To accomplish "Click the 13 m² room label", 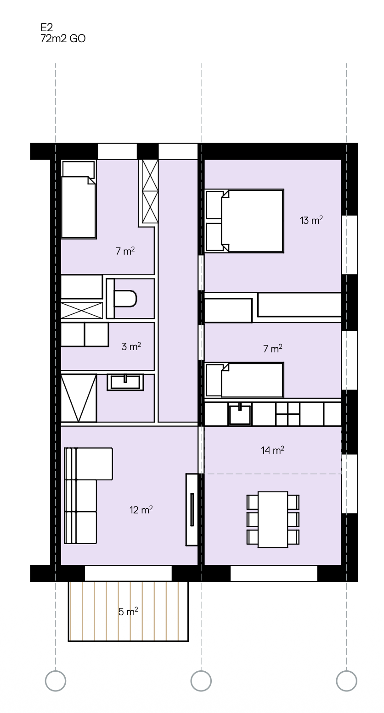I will coord(311,221).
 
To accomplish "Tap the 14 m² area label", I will coord(272,451).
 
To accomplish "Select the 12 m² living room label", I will coord(141,510).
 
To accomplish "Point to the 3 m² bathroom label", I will coord(131,346).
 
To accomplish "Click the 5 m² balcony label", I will coord(128,612).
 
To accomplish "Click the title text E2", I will coord(47,28).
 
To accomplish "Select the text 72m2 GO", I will coord(63,39).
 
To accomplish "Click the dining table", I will coord(273,519).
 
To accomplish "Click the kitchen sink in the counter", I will coord(240,414).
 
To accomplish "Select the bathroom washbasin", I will coord(125,382).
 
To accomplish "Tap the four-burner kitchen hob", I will coord(288,414).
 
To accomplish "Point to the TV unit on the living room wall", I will coord(192,509).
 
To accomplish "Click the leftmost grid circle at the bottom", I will coord(56,680).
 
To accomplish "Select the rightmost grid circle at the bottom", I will coord(347,680).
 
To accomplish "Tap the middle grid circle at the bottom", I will coord(201,680).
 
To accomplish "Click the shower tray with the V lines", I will coord(79,398).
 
